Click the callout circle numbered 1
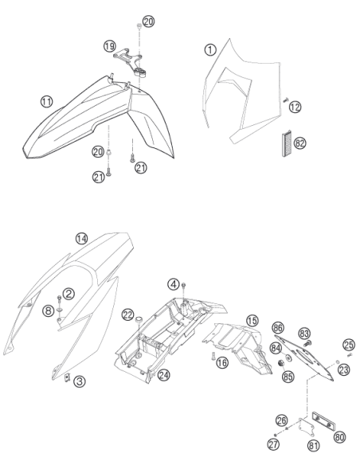tap(210, 49)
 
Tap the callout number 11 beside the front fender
tap(46, 102)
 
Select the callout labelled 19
tap(110, 46)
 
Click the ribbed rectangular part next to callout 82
tap(286, 144)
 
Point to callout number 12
tap(295, 107)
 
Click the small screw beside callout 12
tap(286, 100)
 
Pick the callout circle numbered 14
tap(82, 239)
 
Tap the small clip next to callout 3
tap(68, 377)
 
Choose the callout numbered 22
tap(128, 315)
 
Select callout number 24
tap(164, 375)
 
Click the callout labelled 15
tap(252, 321)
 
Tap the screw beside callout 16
tap(213, 356)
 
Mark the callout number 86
tap(278, 328)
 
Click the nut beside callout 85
tap(280, 363)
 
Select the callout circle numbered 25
tap(349, 345)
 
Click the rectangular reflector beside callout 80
tap(324, 421)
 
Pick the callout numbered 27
tap(273, 444)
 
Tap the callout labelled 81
tap(314, 445)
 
